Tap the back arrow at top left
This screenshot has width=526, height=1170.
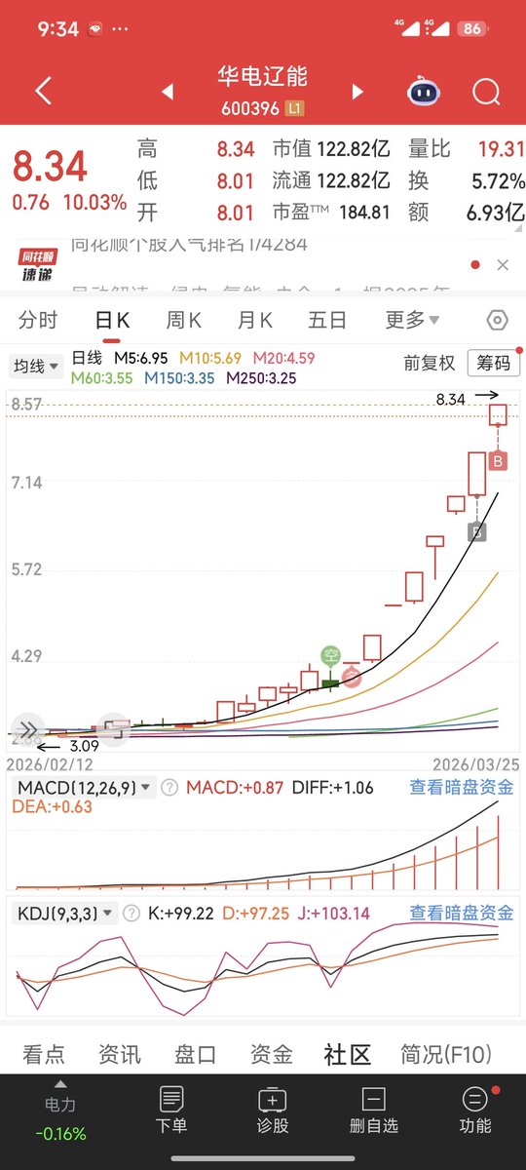tap(43, 92)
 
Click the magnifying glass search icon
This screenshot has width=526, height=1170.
tap(485, 92)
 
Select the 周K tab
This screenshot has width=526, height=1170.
tap(183, 320)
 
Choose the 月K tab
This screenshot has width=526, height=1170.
tap(255, 320)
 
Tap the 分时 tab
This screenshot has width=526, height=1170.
tap(38, 320)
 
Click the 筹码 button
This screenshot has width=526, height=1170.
tap(493, 363)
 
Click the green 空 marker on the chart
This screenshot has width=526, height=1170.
tap(331, 656)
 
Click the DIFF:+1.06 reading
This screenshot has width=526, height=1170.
tap(332, 788)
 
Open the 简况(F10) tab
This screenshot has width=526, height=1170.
tap(446, 1054)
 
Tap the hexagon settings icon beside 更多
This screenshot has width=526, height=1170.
tap(497, 320)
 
